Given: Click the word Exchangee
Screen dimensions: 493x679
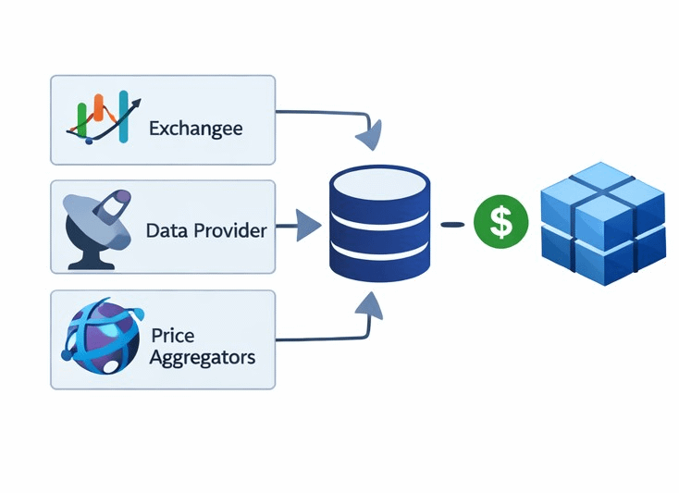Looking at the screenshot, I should coord(195,128).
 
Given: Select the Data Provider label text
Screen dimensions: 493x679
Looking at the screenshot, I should coord(205,230).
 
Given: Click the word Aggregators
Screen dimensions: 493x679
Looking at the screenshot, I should coord(202,357).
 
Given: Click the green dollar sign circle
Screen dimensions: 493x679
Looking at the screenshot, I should coord(500,223).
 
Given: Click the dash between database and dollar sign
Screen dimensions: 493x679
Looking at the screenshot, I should coord(452,224).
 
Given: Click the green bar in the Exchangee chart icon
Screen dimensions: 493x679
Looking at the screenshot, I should coord(82,116).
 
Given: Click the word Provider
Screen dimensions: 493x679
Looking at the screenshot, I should coord(230,230).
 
